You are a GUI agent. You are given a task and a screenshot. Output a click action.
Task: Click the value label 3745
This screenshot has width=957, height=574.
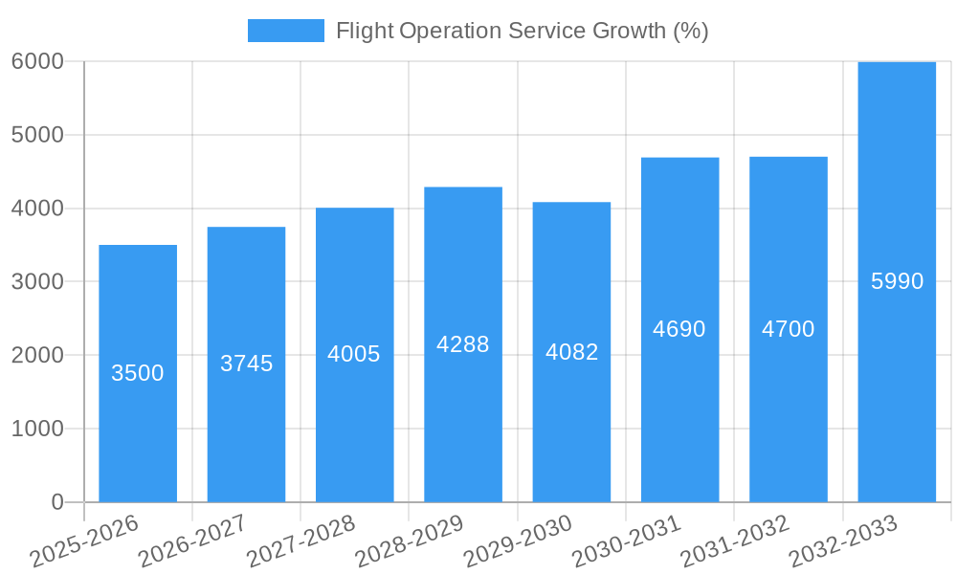point(247,364)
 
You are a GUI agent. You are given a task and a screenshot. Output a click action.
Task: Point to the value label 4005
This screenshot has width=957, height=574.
point(354,354)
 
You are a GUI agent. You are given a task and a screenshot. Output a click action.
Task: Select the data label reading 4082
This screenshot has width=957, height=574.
point(572,352)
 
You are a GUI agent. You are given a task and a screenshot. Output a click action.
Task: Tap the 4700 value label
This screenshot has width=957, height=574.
point(789,329)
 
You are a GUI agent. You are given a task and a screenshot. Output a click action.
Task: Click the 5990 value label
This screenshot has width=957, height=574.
point(898,281)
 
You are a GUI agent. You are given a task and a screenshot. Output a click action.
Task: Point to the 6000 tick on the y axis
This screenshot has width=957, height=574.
point(37,61)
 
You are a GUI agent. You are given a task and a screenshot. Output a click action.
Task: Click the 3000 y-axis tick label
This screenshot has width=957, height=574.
point(37,282)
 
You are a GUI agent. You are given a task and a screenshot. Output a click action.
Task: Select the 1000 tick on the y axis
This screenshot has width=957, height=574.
point(37,429)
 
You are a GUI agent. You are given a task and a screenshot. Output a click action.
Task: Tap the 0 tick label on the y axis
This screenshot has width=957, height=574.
point(56,502)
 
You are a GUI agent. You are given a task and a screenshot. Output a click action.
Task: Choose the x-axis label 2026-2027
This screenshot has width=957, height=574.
point(192,541)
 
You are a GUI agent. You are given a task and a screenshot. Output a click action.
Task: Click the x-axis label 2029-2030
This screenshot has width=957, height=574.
point(518,541)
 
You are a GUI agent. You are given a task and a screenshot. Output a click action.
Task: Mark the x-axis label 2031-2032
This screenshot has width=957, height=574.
point(735,541)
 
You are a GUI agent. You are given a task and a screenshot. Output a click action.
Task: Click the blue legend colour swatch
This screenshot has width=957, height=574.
point(285,31)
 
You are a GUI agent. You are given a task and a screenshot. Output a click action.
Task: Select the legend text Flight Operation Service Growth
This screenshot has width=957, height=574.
point(522,31)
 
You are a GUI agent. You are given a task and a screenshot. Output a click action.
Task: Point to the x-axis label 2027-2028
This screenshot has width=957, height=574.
point(300,541)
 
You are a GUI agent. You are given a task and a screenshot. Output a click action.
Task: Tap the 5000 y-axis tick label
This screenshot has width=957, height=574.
point(37,135)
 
